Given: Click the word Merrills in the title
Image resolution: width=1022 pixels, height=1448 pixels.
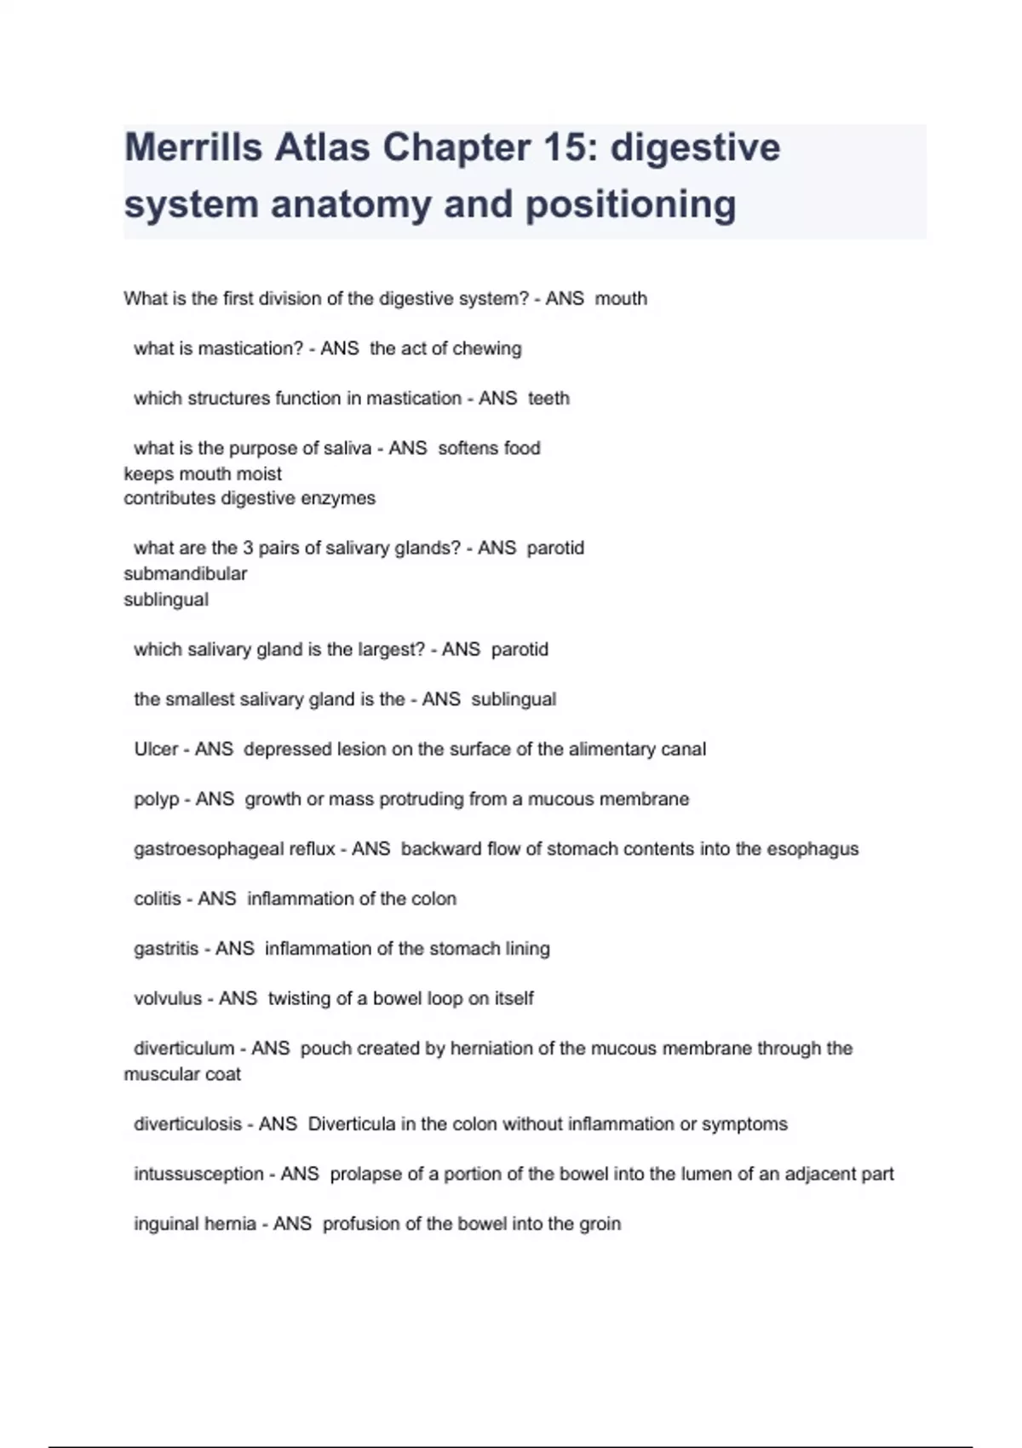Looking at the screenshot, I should tap(193, 147).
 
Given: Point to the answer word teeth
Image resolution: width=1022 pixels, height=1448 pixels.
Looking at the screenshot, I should tap(548, 398).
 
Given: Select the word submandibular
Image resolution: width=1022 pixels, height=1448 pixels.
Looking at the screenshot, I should tap(185, 574).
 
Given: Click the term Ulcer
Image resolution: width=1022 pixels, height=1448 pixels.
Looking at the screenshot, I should tap(156, 750).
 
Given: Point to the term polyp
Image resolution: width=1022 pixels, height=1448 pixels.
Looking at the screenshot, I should tap(156, 800).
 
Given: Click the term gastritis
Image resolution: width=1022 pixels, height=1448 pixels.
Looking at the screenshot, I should tap(165, 949).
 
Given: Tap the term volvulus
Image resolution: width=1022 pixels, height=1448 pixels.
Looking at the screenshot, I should tap(167, 998).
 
